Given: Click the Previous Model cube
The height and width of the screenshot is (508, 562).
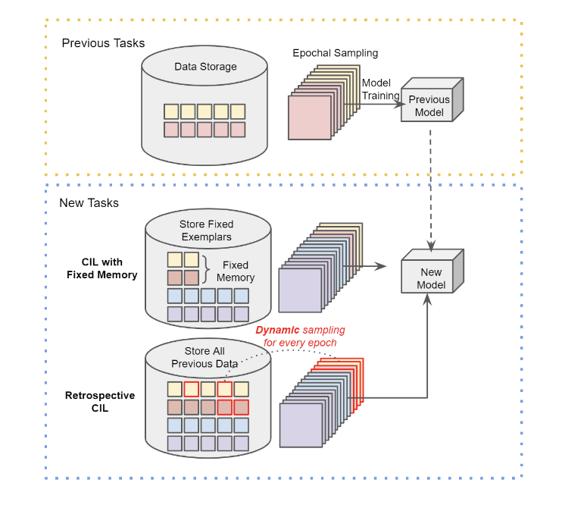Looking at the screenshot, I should [429, 105].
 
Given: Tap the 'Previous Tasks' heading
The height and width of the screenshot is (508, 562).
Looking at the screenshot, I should [103, 42].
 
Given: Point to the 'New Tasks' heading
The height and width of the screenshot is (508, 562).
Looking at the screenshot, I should [89, 203].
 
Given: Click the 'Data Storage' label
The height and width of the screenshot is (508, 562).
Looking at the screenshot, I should [205, 67].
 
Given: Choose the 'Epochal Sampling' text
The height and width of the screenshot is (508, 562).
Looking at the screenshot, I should [335, 53].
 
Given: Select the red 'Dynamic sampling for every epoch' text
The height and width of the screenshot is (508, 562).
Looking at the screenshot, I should [300, 336].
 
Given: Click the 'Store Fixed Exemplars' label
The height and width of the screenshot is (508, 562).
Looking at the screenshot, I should [206, 230].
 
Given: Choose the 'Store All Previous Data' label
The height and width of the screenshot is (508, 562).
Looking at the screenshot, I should [207, 357].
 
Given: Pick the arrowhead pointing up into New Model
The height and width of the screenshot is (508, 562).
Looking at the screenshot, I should [428, 300].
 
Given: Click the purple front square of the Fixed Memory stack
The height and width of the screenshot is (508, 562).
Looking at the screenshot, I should [301, 290].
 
